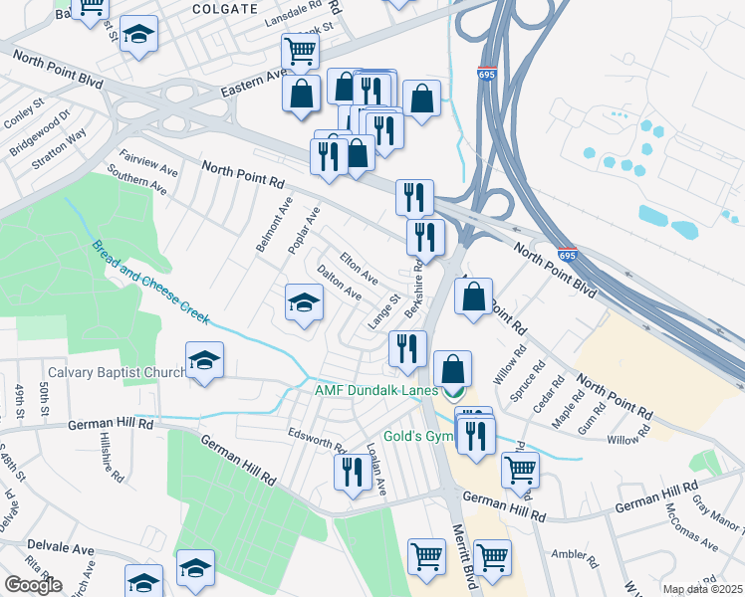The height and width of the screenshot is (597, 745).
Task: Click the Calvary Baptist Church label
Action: tap(116, 372)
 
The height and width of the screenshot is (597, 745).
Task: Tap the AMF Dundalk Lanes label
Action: tap(376, 391)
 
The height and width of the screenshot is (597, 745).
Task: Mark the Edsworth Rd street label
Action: tap(316, 438)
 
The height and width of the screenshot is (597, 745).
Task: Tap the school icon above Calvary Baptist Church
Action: tap(204, 358)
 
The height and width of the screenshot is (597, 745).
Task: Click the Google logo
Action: tap(33, 585)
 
